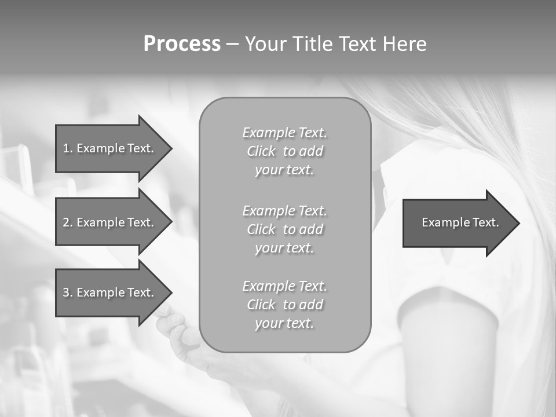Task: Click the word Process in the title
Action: [182, 44]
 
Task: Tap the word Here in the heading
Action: [403, 44]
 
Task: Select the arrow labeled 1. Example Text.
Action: [110, 148]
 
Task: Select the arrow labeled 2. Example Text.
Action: [110, 222]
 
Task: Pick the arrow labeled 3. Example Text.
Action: [110, 292]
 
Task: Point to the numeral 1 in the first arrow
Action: [66, 148]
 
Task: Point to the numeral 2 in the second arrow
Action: [66, 222]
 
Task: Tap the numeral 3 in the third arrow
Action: [66, 292]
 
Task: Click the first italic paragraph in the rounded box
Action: [284, 151]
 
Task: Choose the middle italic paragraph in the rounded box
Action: [284, 229]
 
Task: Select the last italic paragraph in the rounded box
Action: [284, 305]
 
